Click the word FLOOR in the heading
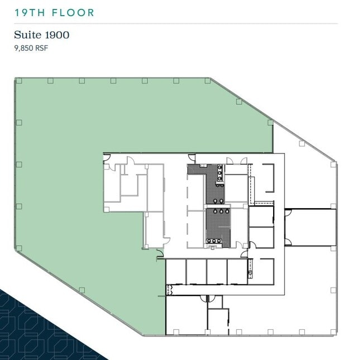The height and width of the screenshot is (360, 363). (73, 13)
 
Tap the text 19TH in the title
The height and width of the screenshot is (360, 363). (30, 13)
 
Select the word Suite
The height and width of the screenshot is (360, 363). (27, 35)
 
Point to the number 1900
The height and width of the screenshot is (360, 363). (57, 35)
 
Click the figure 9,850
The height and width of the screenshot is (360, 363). (23, 48)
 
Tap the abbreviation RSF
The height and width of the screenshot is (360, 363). (42, 48)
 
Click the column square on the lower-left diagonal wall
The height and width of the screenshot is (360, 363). (82, 290)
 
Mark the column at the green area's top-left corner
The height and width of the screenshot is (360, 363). (19, 81)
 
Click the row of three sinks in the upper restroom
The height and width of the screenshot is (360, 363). (219, 172)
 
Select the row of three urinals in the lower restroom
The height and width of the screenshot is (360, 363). (221, 211)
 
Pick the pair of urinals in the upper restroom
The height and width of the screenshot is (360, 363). (218, 201)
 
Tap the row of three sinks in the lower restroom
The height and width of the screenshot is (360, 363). (214, 241)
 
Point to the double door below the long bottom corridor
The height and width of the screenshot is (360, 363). (208, 299)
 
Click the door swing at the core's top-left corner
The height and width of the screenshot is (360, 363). (107, 157)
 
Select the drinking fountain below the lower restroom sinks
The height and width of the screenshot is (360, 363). (212, 247)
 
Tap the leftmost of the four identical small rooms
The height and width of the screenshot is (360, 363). (176, 272)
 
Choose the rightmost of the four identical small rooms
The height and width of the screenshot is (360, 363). (237, 272)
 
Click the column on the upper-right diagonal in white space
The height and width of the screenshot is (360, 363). (302, 143)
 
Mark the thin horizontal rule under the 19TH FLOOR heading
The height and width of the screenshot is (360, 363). (176, 23)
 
